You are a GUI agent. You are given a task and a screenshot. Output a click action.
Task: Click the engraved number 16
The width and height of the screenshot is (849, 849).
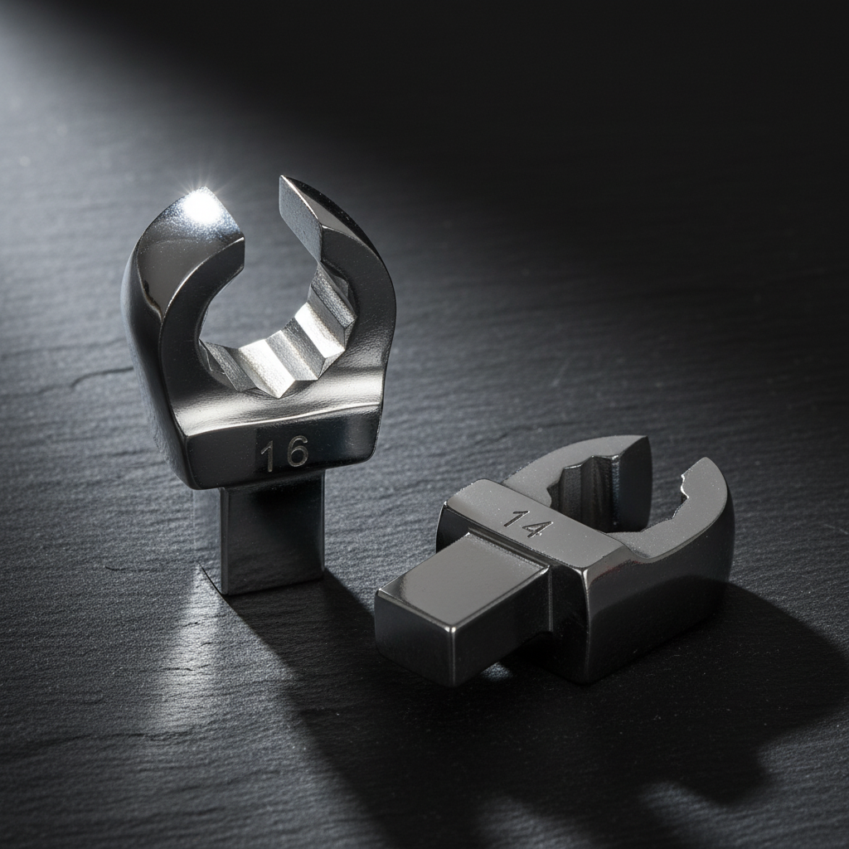pyautogui.click(x=284, y=452)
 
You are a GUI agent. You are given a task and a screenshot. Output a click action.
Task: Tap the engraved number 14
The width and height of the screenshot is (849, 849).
pyautogui.click(x=527, y=524)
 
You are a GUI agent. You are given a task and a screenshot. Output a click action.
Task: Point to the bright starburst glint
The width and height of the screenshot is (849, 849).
pyautogui.click(x=201, y=204)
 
